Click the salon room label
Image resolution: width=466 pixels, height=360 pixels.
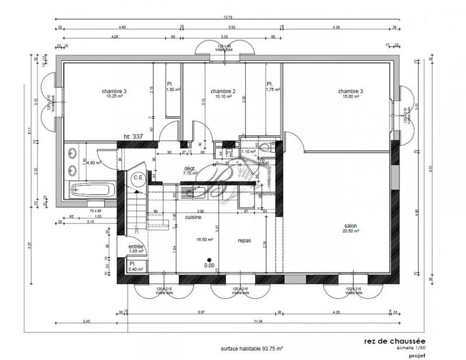coord(350,226)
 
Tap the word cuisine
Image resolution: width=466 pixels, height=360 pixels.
coord(194,217)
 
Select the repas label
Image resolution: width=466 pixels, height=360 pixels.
coord(245,239)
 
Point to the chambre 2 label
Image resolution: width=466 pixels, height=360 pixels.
coord(223,91)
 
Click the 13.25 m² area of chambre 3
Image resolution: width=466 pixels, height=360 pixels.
coord(114,97)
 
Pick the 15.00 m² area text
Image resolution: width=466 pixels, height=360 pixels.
coord(350,97)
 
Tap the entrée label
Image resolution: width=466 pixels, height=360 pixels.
coord(136,246)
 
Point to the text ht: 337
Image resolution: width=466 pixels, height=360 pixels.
coord(134,136)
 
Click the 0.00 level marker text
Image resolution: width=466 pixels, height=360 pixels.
coord(209,266)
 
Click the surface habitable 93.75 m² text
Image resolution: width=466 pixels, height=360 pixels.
coord(252,348)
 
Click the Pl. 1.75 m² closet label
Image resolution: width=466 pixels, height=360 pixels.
coord(273,87)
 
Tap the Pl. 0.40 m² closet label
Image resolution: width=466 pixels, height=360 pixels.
coord(136,266)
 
